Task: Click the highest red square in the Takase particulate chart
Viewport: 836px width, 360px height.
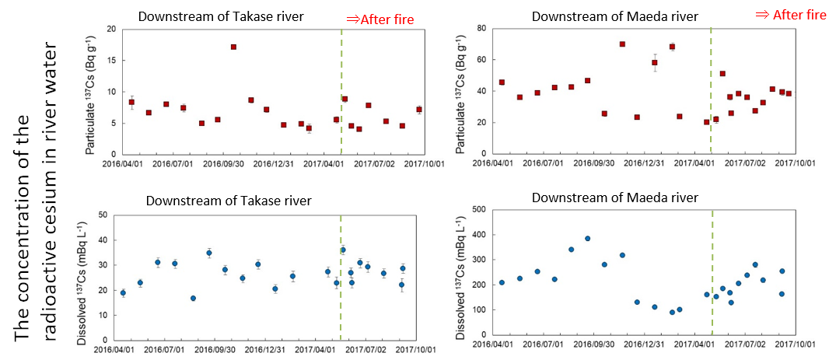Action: coord(233,47)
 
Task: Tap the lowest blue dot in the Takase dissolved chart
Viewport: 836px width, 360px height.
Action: coord(193,298)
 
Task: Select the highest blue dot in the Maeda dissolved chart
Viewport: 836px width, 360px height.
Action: coord(588,239)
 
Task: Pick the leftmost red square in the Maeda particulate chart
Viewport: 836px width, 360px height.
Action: coord(502,82)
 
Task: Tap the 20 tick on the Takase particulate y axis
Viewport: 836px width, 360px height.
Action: coord(111,30)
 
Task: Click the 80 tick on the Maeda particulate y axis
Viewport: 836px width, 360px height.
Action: coord(481,29)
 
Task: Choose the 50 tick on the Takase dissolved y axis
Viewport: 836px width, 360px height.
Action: coord(103,215)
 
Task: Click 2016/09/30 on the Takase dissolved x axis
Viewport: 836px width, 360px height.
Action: coord(219,351)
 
